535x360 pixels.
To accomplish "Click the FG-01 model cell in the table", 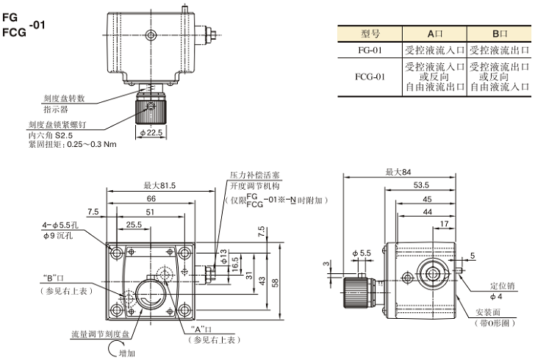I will [x=370, y=50].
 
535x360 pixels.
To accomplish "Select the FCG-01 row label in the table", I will [x=370, y=76].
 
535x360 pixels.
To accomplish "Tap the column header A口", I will [x=435, y=34].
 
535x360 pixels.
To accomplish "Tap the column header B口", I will [x=499, y=34].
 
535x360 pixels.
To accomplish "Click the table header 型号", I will [x=370, y=34].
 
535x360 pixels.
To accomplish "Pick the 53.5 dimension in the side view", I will [x=421, y=185].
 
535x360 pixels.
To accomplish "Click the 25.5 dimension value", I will [x=134, y=224].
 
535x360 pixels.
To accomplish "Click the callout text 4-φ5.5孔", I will [x=61, y=226].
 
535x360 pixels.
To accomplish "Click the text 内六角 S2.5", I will [x=51, y=135].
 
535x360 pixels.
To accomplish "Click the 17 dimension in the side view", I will [x=445, y=223].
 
